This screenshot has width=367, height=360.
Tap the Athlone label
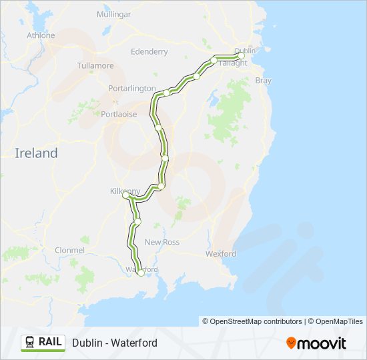coord(40,35)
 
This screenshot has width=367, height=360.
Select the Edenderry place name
coord(149,51)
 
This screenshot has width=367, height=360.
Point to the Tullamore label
coord(95,66)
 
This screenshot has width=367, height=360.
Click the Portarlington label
coord(132,88)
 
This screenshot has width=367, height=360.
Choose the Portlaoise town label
coord(119,114)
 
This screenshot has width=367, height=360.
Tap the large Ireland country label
coord(36,153)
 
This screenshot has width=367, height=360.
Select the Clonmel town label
coord(69,250)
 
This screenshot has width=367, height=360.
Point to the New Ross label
coord(162,242)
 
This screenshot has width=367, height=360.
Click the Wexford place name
coord(221,254)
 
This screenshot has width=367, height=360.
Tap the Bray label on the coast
coord(263,80)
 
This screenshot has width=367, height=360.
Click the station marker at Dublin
coord(242,56)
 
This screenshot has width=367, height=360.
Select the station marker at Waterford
coord(141,273)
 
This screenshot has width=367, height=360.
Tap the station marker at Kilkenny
coord(125,195)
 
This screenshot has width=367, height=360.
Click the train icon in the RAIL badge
coord(30,342)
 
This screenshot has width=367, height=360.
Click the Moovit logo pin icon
coord(291,343)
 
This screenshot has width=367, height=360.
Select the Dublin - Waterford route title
coord(115,343)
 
